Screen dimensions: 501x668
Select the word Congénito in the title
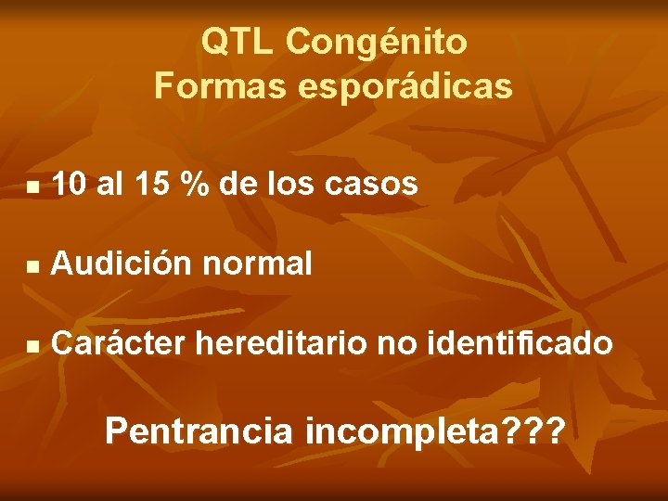pos(377,42)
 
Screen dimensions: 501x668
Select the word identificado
pos(520,344)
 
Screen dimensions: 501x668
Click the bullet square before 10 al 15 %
pos(32,187)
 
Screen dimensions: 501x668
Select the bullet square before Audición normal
pos(32,267)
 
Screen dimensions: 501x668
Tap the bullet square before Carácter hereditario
pos(32,347)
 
